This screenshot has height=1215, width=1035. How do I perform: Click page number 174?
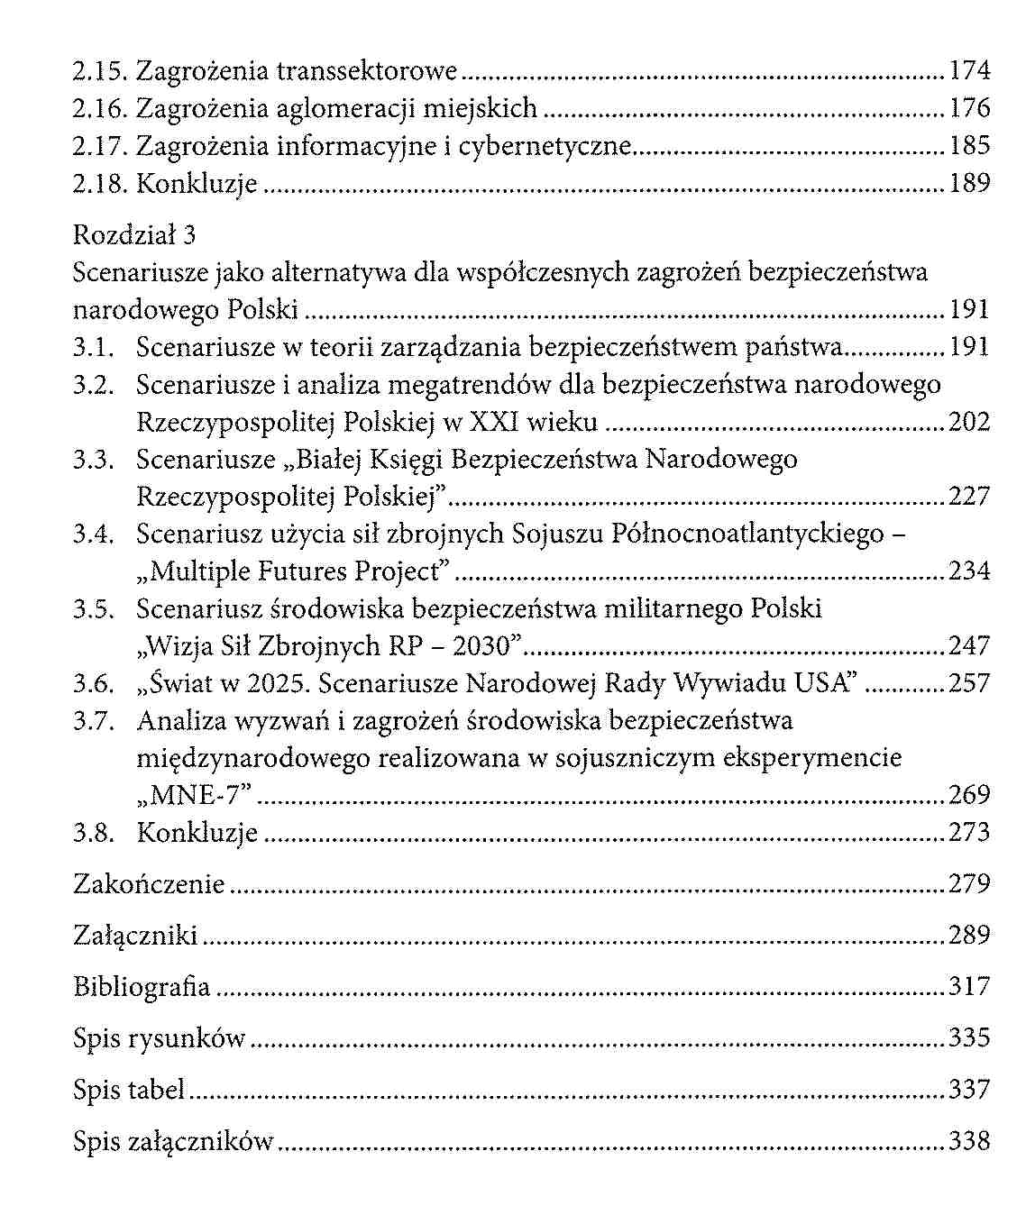click(x=969, y=70)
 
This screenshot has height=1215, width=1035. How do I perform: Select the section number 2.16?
click(x=100, y=108)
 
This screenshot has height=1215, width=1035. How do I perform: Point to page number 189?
click(x=969, y=183)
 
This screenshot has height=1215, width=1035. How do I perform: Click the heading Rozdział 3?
click(x=134, y=235)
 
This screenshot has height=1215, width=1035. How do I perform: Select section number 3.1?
click(x=94, y=347)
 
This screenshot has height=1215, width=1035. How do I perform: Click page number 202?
click(x=969, y=422)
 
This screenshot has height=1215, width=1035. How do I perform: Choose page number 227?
click(x=969, y=497)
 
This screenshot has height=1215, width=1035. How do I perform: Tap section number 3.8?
click(x=94, y=832)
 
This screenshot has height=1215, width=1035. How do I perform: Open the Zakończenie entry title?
click(x=149, y=884)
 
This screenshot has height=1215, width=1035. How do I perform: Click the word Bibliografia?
click(x=142, y=987)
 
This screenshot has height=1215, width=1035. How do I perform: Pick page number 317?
click(x=969, y=987)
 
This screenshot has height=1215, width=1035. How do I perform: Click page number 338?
click(x=969, y=1142)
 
